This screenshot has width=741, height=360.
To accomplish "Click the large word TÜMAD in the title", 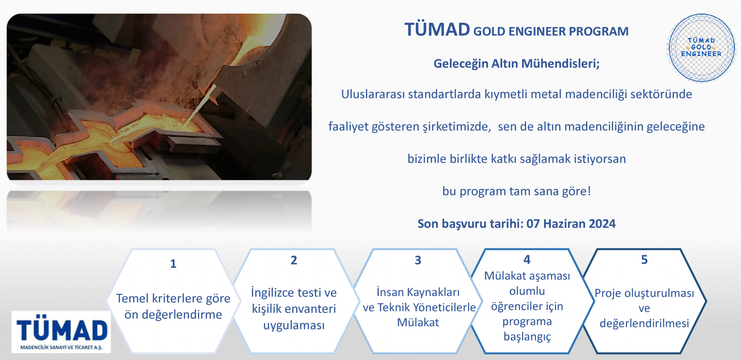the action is click(437, 30).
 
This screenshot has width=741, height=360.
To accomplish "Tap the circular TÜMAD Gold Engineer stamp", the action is click(701, 48).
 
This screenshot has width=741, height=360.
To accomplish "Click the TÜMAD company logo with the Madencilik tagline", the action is click(61, 332).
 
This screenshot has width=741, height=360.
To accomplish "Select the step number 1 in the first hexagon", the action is click(173, 264).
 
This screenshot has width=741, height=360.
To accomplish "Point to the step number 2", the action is click(294, 260).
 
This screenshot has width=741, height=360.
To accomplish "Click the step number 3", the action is click(418, 260).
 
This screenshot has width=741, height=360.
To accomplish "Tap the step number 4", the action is click(527, 259).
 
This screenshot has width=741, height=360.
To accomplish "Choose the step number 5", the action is click(644, 259).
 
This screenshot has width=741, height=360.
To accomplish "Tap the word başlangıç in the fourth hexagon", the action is click(527, 336).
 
